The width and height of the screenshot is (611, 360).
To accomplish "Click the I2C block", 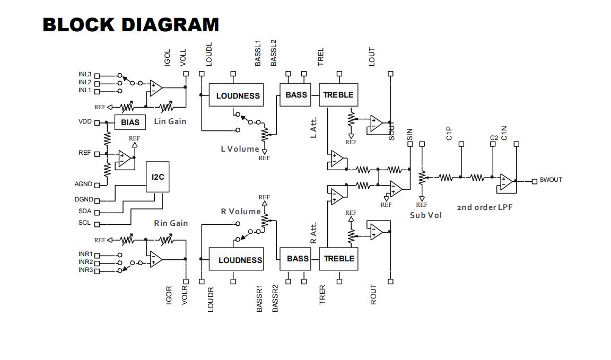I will pyautogui.click(x=158, y=177).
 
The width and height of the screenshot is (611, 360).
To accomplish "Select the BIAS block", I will pyautogui.click(x=130, y=122).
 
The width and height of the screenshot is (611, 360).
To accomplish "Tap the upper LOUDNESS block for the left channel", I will pyautogui.click(x=238, y=95).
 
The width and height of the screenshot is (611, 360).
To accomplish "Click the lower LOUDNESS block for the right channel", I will pyautogui.click(x=240, y=260).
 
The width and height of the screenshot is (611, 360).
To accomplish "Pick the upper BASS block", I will pyautogui.click(x=295, y=95).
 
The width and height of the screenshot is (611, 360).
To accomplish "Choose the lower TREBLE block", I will pyautogui.click(x=338, y=259).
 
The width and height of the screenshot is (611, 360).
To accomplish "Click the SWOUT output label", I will pyautogui.click(x=551, y=180).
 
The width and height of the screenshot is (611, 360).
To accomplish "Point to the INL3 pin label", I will pyautogui.click(x=85, y=75).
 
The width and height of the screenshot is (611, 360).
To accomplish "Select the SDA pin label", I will pyautogui.click(x=85, y=211).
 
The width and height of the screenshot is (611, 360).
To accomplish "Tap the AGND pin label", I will pyautogui.click(x=83, y=185).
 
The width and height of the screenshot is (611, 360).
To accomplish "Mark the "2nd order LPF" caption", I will pyautogui.click(x=485, y=207).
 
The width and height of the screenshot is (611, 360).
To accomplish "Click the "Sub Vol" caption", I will pyautogui.click(x=425, y=215).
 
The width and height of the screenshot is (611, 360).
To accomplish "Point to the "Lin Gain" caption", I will pyautogui.click(x=170, y=121).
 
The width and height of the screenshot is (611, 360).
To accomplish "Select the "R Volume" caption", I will pyautogui.click(x=240, y=212).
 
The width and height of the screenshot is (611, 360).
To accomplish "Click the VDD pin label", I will pyautogui.click(x=85, y=122).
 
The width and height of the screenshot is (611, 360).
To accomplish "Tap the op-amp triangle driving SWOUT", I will pyautogui.click(x=506, y=182).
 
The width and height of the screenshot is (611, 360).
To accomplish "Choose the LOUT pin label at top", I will pyautogui.click(x=372, y=57).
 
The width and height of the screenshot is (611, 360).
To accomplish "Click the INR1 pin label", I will pyautogui.click(x=85, y=254).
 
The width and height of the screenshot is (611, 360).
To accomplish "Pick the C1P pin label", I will pyautogui.click(x=449, y=134).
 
